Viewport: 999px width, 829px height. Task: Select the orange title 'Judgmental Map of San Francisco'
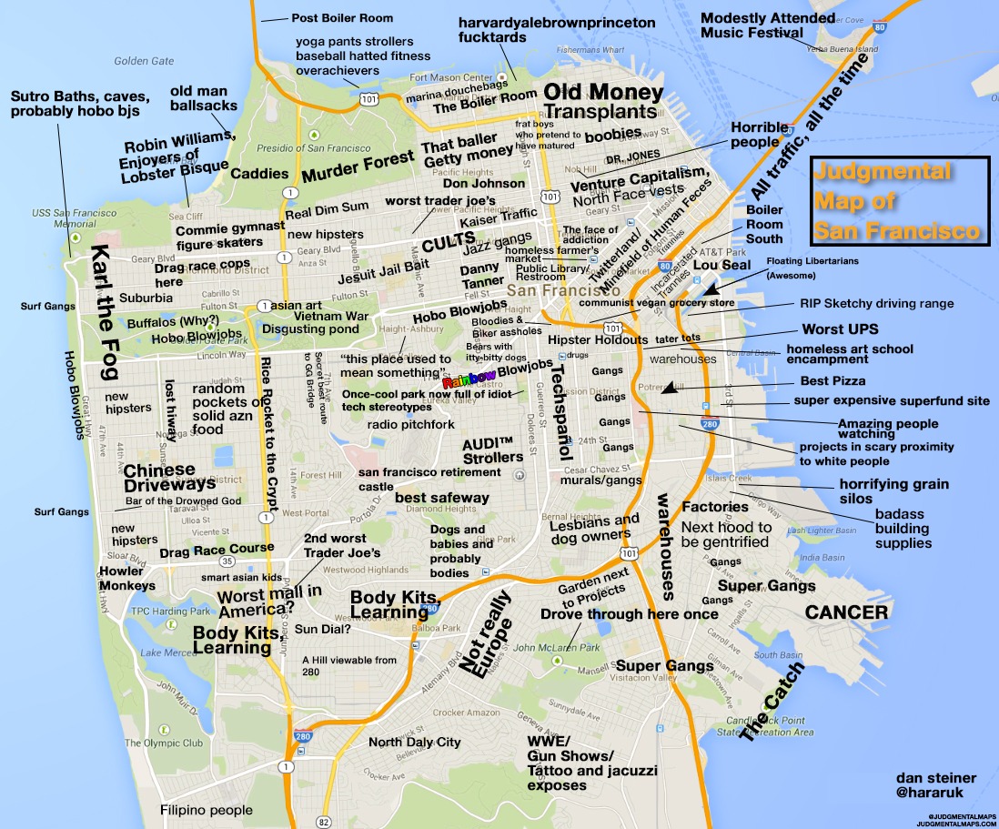896,201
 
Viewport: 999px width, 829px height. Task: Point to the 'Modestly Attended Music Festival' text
768,25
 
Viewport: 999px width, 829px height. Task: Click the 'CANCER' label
846,613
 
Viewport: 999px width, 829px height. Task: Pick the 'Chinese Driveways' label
159,478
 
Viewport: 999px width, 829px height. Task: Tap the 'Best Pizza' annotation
832,380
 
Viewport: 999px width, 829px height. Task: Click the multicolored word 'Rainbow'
469,380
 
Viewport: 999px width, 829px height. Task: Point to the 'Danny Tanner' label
479,278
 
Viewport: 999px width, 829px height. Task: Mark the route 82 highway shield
323,822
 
